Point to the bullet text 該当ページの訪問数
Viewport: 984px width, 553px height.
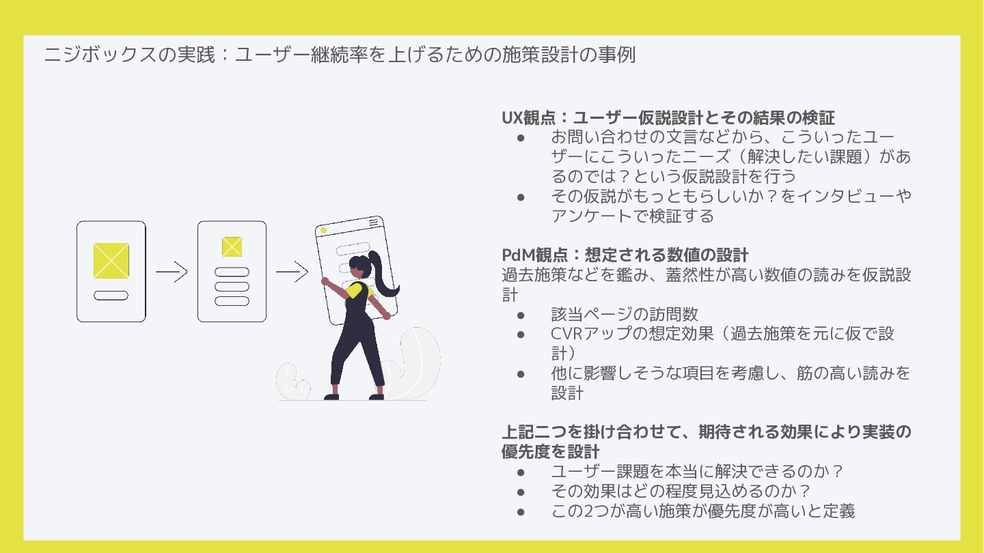click(x=625, y=314)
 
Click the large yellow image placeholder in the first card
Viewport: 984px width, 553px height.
click(x=111, y=260)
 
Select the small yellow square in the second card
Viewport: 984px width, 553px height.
click(x=232, y=246)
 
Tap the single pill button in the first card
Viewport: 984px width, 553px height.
click(x=111, y=296)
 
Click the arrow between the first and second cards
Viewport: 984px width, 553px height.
click(x=172, y=272)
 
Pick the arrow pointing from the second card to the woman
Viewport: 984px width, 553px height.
click(x=292, y=272)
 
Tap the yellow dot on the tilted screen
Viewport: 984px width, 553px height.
click(x=323, y=231)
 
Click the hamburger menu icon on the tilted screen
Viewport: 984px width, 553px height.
click(x=373, y=222)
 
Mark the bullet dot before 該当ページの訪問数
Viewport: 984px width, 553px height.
click(x=521, y=315)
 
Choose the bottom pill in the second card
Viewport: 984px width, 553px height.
click(x=232, y=301)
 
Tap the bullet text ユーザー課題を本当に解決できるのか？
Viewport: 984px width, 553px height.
click(x=697, y=471)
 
